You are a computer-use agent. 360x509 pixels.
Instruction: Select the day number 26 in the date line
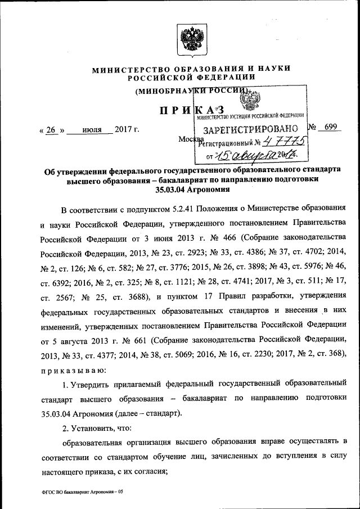[51, 130]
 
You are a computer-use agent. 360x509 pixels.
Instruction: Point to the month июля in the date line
[92, 130]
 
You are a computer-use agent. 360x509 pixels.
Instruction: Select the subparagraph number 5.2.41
[167, 209]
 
